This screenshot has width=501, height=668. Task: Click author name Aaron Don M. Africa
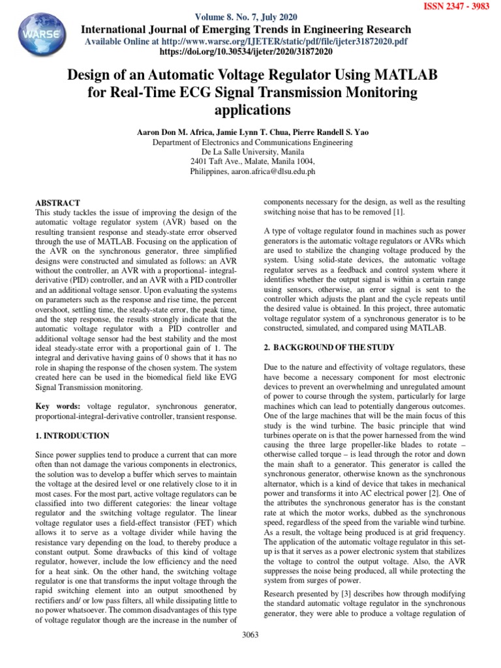click(x=172, y=132)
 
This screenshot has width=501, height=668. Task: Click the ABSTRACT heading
click(x=58, y=203)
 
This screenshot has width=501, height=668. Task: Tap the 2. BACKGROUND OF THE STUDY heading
click(x=328, y=348)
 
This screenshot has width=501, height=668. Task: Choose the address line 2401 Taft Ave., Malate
click(x=252, y=161)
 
